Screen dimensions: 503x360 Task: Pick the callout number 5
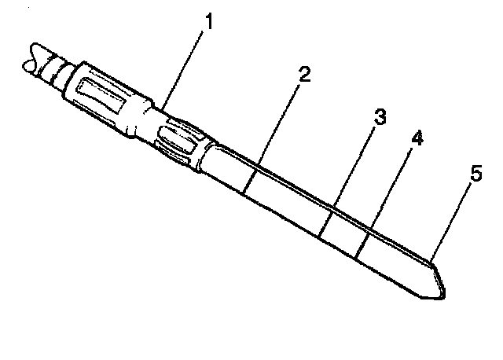point(474,174)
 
